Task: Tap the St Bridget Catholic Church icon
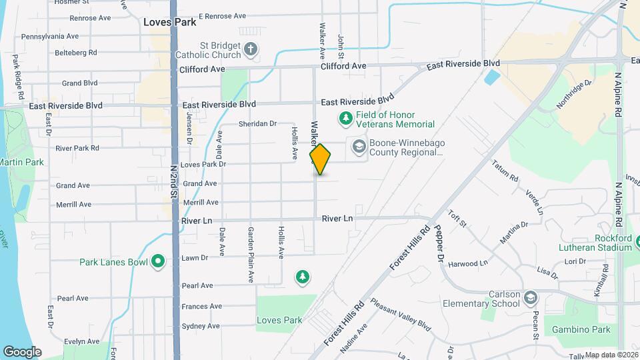251,49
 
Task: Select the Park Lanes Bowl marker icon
158,261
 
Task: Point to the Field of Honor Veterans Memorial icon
345,119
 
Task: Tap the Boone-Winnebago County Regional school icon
359,147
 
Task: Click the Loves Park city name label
170,22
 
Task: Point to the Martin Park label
21,162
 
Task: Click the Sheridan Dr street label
257,124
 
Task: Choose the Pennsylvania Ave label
50,37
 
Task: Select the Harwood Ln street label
468,263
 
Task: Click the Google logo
22,351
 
